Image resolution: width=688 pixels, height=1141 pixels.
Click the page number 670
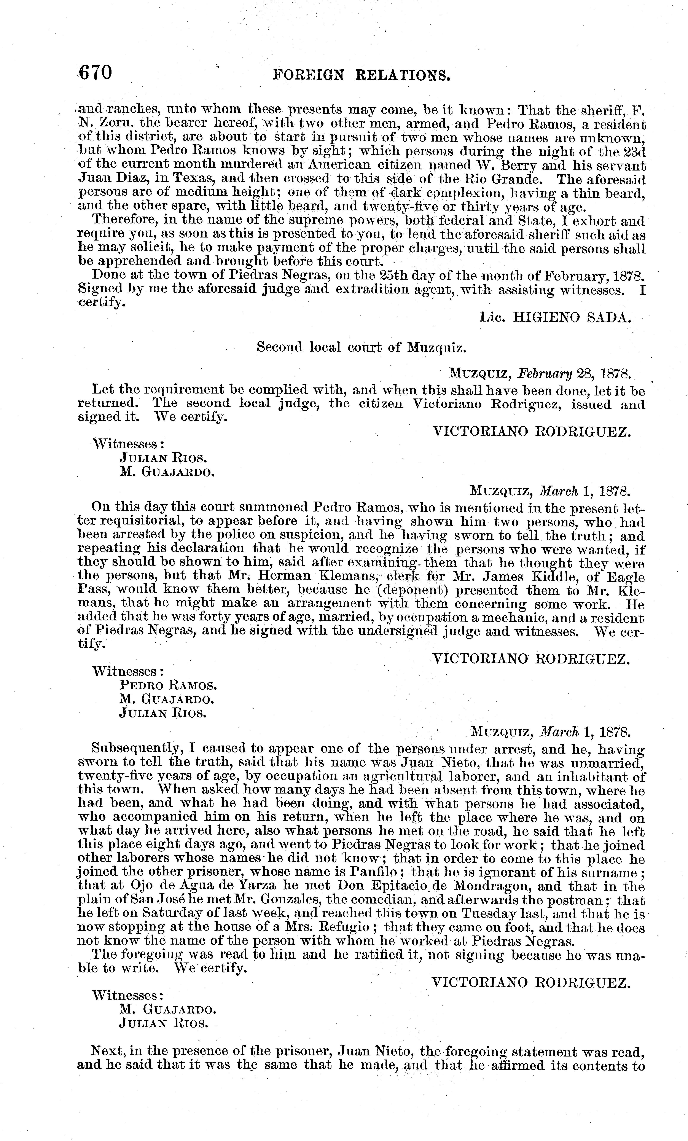95,73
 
